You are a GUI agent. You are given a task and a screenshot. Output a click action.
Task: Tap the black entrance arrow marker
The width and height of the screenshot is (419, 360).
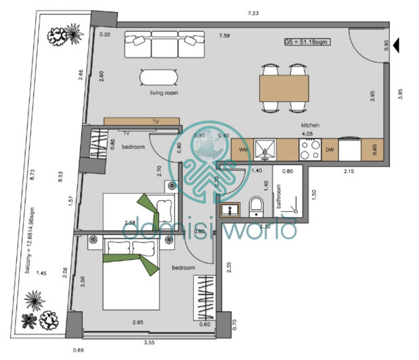pyautogui.click(x=399, y=45)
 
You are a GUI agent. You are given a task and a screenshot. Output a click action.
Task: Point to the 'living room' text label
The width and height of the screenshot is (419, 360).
pyautogui.click(x=164, y=93)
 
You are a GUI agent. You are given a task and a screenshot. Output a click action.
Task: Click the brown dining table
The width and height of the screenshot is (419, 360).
pyautogui.click(x=284, y=87)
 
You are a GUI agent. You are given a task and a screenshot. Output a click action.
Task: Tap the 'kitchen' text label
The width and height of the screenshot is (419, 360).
pyautogui.click(x=311, y=125)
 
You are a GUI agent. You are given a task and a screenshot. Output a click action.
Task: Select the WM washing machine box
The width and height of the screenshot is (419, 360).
pyautogui.click(x=241, y=150)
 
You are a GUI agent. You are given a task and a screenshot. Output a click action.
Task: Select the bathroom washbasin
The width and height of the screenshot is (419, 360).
pyautogui.click(x=229, y=207)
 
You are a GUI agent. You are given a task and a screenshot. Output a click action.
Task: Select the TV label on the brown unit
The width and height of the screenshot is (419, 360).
pyautogui.click(x=155, y=121)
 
